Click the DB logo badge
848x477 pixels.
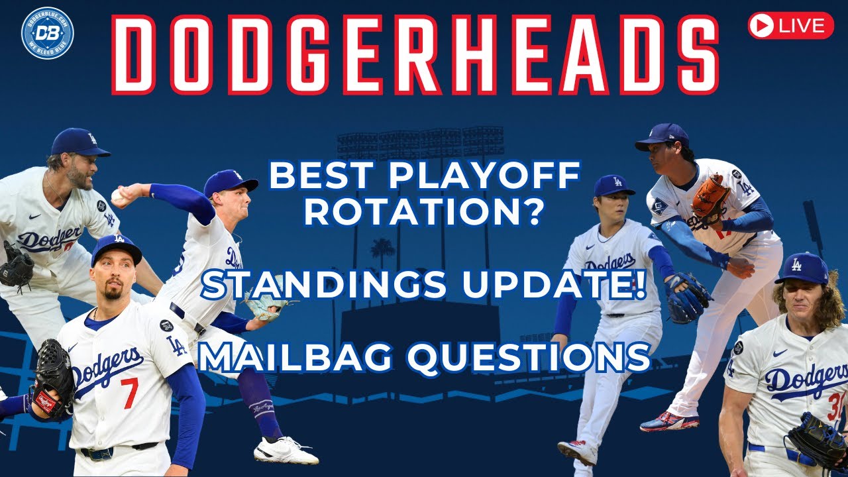[x=47, y=32]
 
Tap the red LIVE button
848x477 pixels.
[x=790, y=26]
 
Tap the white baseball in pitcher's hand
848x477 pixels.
[x=117, y=195]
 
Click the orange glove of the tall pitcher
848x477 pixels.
[x=710, y=197]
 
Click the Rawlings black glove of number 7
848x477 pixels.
[x=53, y=388]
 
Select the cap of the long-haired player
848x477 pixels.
[x=802, y=268]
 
